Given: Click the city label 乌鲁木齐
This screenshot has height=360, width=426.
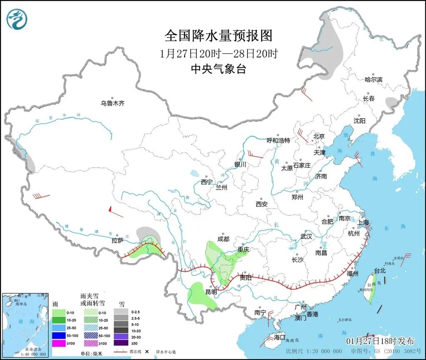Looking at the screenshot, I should point(112,103).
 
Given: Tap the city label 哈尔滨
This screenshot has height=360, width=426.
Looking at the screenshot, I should point(373,79).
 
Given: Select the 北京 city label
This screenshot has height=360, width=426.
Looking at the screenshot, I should point(319,136).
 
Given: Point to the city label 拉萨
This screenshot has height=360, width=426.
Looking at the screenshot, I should point(118,240).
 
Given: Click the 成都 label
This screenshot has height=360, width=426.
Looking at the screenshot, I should point(223,239).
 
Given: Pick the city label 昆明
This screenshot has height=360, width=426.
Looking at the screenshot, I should point(211,292).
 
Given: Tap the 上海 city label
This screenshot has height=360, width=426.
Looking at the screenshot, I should point(363,222).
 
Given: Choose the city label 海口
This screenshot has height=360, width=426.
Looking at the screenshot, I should point(280,337).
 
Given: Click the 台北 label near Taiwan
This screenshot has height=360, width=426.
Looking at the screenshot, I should point(380,271).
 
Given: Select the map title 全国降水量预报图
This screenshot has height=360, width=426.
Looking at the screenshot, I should point(218,36).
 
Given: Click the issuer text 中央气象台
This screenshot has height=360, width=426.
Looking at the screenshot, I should point(218,69).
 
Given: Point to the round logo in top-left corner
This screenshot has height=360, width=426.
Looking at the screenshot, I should point(17,19).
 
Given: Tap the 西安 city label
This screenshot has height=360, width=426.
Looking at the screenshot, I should point(261,204).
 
